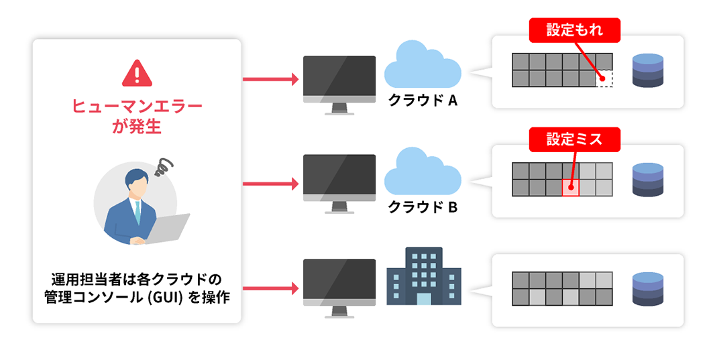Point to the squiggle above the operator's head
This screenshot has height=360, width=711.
[x=164, y=166]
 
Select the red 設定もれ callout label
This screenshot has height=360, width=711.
[x=574, y=30]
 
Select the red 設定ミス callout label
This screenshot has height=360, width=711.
[x=574, y=139]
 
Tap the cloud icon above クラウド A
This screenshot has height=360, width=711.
[x=422, y=64]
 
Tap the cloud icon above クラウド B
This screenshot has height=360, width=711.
[x=422, y=172]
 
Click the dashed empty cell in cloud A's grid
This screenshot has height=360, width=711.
[x=604, y=78]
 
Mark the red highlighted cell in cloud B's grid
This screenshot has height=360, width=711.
[x=570, y=188]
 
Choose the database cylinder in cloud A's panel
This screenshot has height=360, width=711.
[x=647, y=70]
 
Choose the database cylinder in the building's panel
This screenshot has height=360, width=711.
[x=647, y=288]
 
